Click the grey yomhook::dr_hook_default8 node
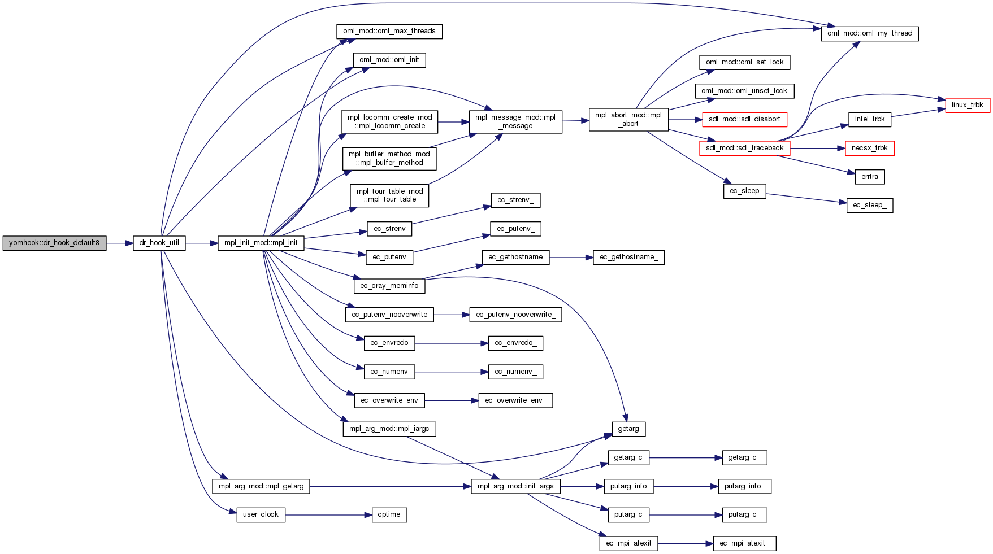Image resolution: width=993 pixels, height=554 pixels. (54, 243)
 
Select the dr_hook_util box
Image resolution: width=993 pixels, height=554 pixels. (159, 243)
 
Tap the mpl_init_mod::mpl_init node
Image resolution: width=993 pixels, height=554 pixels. (261, 243)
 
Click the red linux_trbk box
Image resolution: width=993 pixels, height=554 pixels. (967, 105)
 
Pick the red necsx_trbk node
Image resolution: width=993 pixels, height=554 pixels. (869, 149)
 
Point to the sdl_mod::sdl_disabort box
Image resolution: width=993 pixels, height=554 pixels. (744, 120)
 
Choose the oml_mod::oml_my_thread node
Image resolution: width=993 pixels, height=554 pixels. (869, 34)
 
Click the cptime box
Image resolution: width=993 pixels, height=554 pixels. (389, 515)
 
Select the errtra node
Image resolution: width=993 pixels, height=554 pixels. (869, 177)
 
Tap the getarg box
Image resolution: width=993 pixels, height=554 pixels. (628, 429)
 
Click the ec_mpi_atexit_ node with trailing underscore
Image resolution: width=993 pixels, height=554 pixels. (744, 544)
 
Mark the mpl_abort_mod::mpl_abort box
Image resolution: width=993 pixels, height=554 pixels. (628, 120)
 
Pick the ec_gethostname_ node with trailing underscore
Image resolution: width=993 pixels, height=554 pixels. (628, 258)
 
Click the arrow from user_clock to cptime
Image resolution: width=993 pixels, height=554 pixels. (328, 515)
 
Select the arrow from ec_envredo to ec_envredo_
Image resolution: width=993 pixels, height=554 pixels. (451, 343)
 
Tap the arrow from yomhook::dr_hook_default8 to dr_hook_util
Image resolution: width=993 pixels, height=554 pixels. (119, 243)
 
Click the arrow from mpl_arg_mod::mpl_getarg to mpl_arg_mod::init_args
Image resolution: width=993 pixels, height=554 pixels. (390, 486)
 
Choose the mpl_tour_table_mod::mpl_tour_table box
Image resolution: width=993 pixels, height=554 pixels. (389, 195)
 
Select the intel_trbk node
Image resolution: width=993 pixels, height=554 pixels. (869, 120)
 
